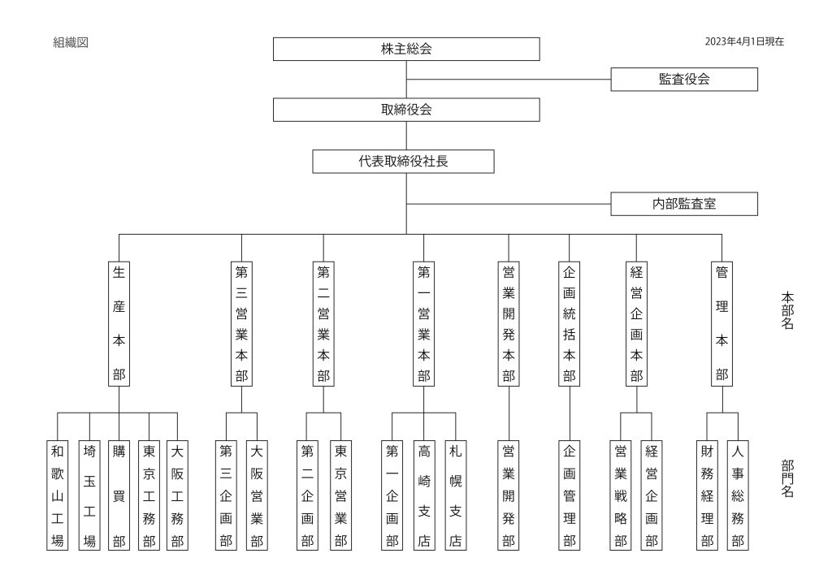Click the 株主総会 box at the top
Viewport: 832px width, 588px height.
click(x=406, y=49)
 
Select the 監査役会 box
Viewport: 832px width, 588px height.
click(x=684, y=80)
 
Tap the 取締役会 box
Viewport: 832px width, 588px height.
click(x=406, y=110)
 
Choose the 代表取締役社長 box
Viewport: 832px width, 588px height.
click(x=403, y=161)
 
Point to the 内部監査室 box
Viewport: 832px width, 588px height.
click(x=684, y=204)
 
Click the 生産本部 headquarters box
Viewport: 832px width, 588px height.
click(x=119, y=323)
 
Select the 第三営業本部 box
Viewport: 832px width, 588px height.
click(x=241, y=323)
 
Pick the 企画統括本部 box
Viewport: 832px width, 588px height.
click(x=570, y=323)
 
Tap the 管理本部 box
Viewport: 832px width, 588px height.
click(x=721, y=323)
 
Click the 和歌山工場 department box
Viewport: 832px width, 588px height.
click(x=58, y=495)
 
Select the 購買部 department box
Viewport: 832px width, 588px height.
click(x=119, y=495)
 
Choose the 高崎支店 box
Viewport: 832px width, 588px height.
click(x=424, y=495)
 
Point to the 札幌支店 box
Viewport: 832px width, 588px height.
click(x=456, y=495)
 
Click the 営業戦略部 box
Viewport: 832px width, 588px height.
click(x=621, y=495)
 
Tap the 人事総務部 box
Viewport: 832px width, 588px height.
click(x=738, y=495)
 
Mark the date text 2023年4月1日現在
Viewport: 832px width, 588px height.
click(x=744, y=41)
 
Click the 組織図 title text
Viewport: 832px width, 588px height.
click(x=71, y=42)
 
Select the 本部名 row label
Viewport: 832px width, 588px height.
click(x=787, y=310)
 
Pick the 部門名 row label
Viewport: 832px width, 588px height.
click(x=787, y=478)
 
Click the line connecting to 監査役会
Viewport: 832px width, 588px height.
click(x=509, y=80)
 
